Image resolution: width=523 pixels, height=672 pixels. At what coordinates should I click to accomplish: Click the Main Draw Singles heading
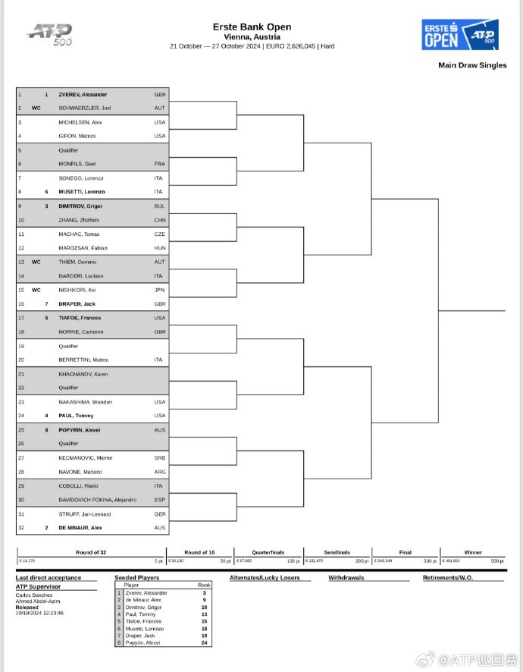(x=472, y=65)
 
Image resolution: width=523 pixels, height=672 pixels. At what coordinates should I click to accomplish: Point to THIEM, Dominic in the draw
(x=75, y=262)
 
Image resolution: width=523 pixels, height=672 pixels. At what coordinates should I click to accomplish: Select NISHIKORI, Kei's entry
(x=77, y=290)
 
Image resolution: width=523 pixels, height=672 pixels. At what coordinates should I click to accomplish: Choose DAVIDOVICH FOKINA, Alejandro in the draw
(x=97, y=499)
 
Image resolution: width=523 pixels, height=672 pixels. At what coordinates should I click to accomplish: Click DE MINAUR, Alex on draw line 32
(x=80, y=527)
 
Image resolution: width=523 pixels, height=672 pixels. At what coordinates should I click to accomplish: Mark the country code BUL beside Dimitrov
(x=159, y=206)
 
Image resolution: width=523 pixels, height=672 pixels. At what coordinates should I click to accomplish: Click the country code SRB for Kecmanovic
(x=159, y=457)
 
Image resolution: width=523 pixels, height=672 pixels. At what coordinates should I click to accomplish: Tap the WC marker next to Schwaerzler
(x=36, y=108)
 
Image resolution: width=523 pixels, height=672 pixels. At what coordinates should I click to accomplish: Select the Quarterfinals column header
(x=268, y=552)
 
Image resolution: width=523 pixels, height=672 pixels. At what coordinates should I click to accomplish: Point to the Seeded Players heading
(x=137, y=578)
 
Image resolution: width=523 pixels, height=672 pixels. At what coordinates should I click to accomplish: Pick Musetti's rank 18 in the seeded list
(x=204, y=629)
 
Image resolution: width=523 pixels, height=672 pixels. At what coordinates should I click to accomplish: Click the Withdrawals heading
(x=346, y=578)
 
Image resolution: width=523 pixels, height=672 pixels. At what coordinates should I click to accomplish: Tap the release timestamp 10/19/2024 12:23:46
(x=39, y=613)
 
